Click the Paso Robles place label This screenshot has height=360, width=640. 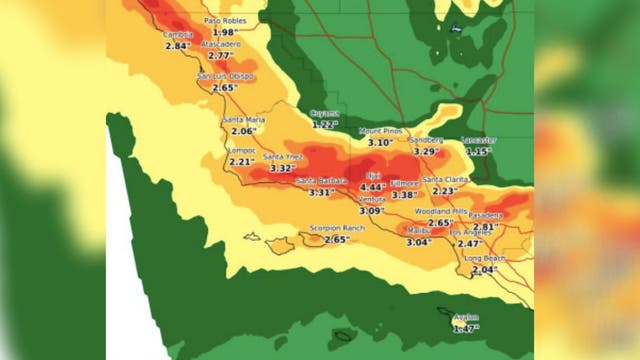[x=225, y=20]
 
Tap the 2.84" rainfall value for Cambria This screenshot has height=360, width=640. [x=177, y=46]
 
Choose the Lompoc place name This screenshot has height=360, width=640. [x=243, y=150]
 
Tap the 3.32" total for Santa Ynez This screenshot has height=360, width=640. [x=283, y=168]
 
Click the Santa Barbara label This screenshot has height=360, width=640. [x=320, y=181]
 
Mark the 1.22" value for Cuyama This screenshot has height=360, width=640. [x=324, y=124]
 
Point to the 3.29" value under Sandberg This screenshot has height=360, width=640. [x=426, y=152]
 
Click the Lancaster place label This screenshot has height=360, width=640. [x=479, y=140]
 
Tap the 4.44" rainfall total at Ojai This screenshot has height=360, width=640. [x=372, y=187]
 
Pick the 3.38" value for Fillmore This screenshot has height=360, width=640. [x=404, y=195]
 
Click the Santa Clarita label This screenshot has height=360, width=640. [x=445, y=179]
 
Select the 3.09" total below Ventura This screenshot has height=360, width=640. [x=371, y=211]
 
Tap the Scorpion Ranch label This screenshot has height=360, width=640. [x=336, y=228]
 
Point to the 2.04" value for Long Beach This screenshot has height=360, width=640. [x=483, y=270]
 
